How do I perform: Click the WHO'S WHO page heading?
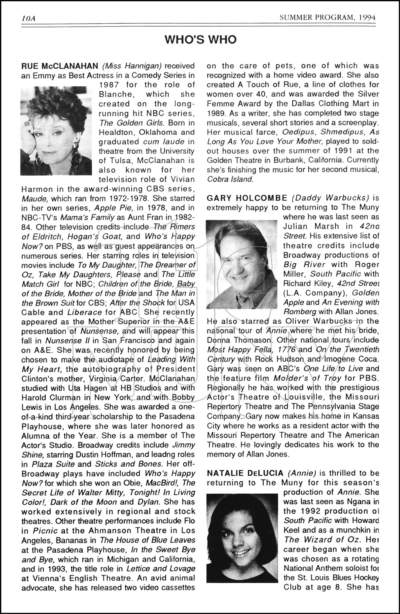200,40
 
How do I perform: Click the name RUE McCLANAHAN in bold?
59,66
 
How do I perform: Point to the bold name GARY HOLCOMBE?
247,198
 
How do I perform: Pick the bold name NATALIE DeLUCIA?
245,473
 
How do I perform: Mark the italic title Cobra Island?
230,179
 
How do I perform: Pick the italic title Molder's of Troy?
307,378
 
